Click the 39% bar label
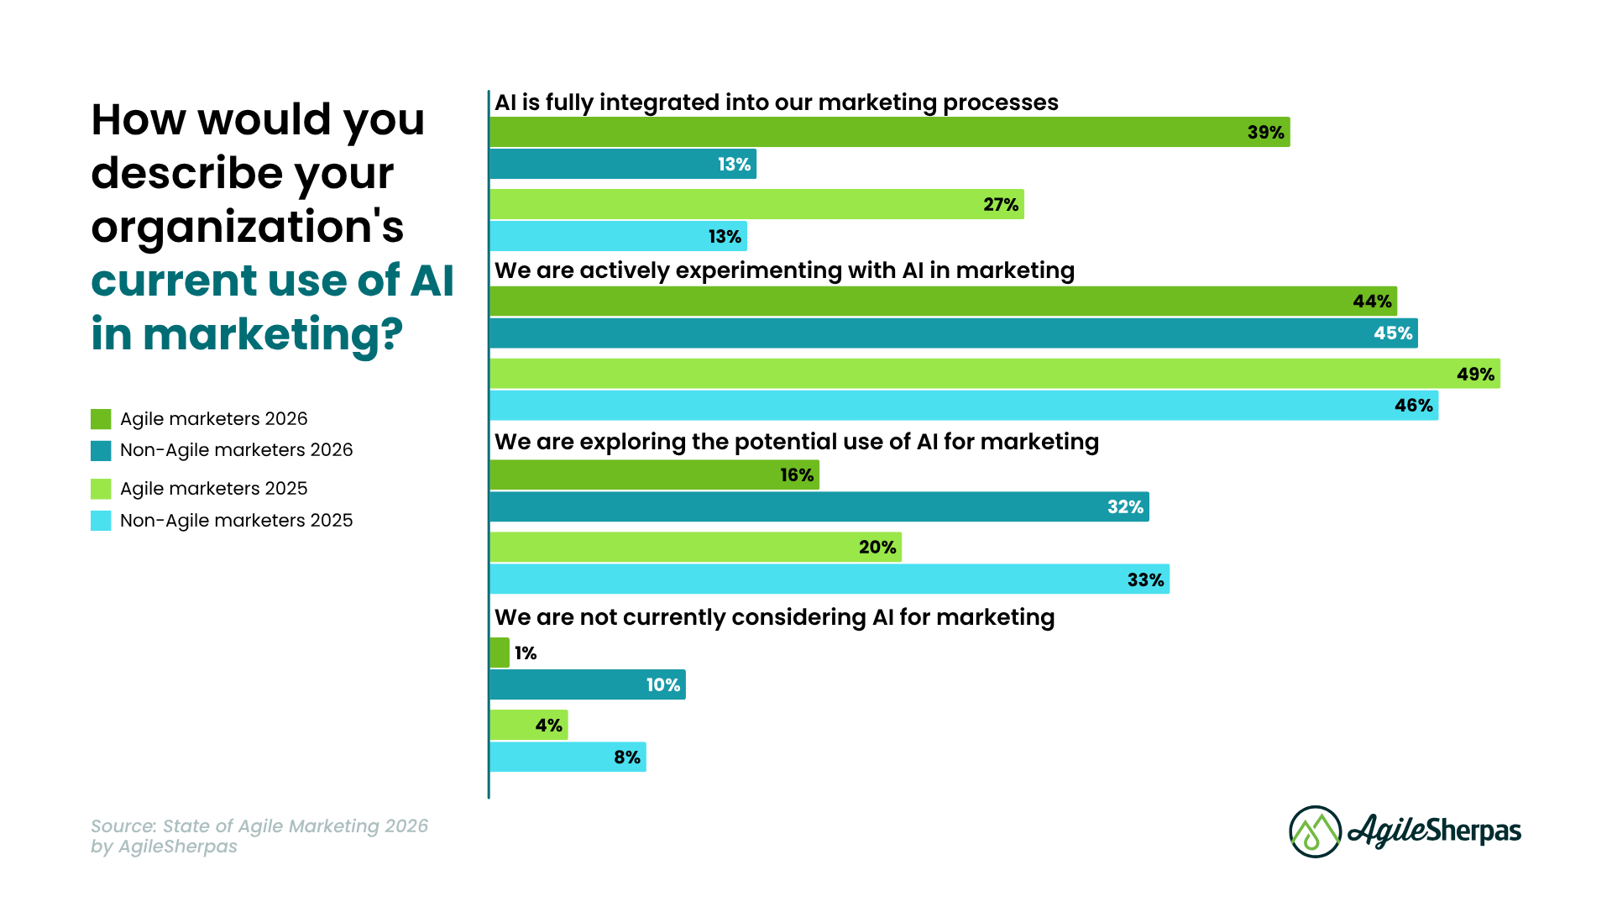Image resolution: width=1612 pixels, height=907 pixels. pos(1265,133)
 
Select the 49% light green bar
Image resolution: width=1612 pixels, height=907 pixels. pos(994,374)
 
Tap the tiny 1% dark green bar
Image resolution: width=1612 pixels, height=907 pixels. pos(500,653)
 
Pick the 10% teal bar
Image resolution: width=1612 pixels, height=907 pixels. pos(587,684)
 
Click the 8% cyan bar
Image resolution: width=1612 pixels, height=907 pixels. pos(568,757)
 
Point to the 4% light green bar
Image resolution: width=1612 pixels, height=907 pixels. pos(528,725)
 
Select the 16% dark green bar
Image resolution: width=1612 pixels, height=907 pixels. pos(654,474)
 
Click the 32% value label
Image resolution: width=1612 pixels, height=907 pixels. pos(1125,507)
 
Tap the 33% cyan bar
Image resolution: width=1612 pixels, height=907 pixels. pos(829,579)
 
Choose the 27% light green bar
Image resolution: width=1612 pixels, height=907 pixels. pos(756,204)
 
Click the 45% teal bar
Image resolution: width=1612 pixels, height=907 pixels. pos(953,333)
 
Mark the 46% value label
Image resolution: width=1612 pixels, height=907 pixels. pos(1413,406)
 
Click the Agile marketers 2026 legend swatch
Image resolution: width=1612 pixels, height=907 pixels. pos(101,419)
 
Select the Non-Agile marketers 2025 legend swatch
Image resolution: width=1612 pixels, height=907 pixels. pos(101,521)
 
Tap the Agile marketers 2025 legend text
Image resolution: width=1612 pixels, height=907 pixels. pos(213,489)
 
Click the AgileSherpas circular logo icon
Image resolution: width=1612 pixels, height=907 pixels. pos(1315,831)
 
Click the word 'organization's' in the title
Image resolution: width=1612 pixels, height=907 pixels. pos(248,227)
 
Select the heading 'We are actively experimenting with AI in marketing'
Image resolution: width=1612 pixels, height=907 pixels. pos(784,270)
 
